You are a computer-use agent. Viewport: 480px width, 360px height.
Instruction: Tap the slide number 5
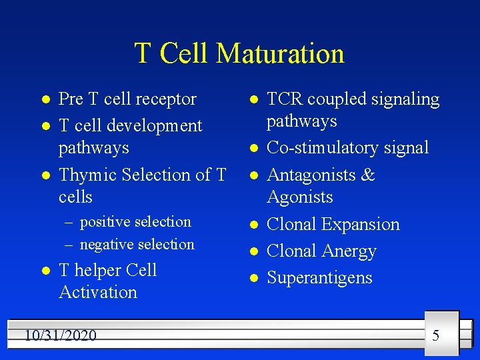pos(435,335)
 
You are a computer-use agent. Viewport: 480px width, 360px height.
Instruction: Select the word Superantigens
pos(319,278)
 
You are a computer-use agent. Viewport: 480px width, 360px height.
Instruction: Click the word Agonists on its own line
pos(299,197)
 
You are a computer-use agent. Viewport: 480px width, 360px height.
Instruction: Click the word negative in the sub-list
pos(107,245)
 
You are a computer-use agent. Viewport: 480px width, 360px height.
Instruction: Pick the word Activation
pos(98,292)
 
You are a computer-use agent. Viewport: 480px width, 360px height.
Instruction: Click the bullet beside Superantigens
pos(253,278)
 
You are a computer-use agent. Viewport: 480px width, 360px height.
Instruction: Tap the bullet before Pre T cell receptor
pos(45,99)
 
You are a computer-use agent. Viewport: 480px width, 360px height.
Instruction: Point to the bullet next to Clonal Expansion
pos(253,225)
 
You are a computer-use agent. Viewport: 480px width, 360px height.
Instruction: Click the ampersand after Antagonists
pos(368,175)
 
